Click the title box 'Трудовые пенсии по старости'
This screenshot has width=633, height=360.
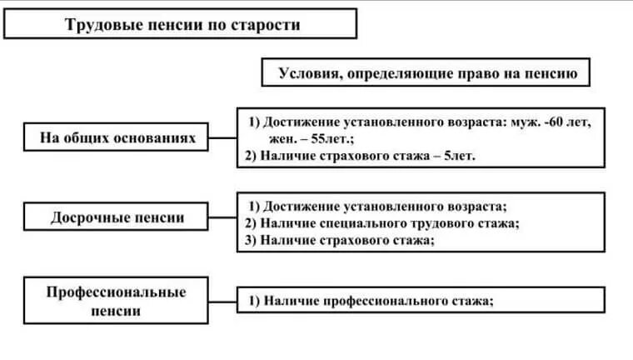pos(180,24)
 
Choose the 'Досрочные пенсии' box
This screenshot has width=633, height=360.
pos(117,218)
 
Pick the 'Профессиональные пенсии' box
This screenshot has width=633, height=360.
pos(117,301)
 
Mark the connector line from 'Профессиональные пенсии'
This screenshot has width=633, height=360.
pos(223,301)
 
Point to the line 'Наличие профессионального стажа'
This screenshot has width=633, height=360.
pos(378,302)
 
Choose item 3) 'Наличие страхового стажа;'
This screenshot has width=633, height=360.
pos(347,240)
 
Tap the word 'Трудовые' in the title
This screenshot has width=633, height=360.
pos(99,25)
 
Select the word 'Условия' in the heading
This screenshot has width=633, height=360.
pos(307,73)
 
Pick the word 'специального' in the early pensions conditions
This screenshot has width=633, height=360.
pos(361,223)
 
